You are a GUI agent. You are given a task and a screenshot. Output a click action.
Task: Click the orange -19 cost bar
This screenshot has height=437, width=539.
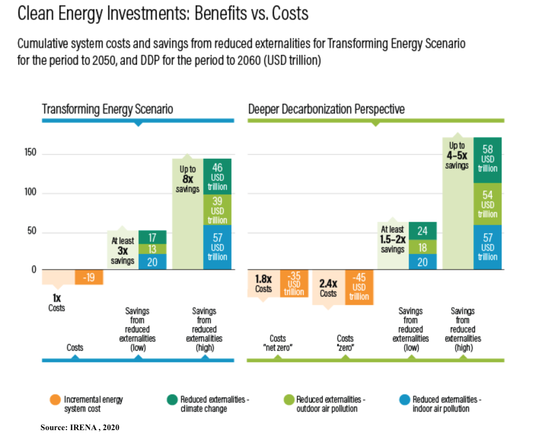pyautogui.click(x=89, y=277)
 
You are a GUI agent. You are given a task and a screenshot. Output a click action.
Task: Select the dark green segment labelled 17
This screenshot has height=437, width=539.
pyautogui.click(x=152, y=237)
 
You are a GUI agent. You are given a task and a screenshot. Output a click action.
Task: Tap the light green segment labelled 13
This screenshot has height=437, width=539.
pyautogui.click(x=152, y=249)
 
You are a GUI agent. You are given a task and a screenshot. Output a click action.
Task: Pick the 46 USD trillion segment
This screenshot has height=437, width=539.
pyautogui.click(x=217, y=177)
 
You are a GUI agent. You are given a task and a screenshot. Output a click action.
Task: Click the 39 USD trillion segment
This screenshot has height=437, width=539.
pyautogui.click(x=217, y=210)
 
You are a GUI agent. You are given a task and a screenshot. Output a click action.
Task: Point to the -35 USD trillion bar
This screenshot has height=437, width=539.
pyautogui.click(x=294, y=283)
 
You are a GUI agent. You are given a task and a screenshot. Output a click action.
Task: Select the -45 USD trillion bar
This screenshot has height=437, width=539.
pyautogui.click(x=359, y=287)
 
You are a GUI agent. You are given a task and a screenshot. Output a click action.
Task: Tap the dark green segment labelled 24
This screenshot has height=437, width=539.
pyautogui.click(x=423, y=231)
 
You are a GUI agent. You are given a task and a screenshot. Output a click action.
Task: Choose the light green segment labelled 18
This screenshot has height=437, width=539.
pyautogui.click(x=423, y=247)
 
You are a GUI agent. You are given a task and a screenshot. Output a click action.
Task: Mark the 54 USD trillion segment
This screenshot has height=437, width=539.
pyautogui.click(x=488, y=204)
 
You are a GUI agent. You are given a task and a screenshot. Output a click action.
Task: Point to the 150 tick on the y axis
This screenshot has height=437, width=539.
pyautogui.click(x=30, y=153)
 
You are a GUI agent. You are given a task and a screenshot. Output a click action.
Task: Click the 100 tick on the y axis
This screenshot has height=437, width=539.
pyautogui.click(x=30, y=192)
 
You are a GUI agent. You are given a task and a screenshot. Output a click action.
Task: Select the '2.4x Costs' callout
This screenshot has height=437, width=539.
pyautogui.click(x=328, y=288)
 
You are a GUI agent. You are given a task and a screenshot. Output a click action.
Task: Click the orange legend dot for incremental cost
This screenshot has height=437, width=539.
pyautogui.click(x=55, y=400)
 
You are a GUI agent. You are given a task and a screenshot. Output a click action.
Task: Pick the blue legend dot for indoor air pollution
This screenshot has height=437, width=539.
pyautogui.click(x=404, y=400)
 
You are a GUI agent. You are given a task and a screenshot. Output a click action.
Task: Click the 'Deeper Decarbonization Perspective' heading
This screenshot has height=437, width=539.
pyautogui.click(x=326, y=109)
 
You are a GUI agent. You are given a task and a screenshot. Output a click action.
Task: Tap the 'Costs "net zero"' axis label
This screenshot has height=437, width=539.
pyautogui.click(x=277, y=343)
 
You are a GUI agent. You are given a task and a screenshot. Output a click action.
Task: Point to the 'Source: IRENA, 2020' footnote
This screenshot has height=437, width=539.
pyautogui.click(x=80, y=427)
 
